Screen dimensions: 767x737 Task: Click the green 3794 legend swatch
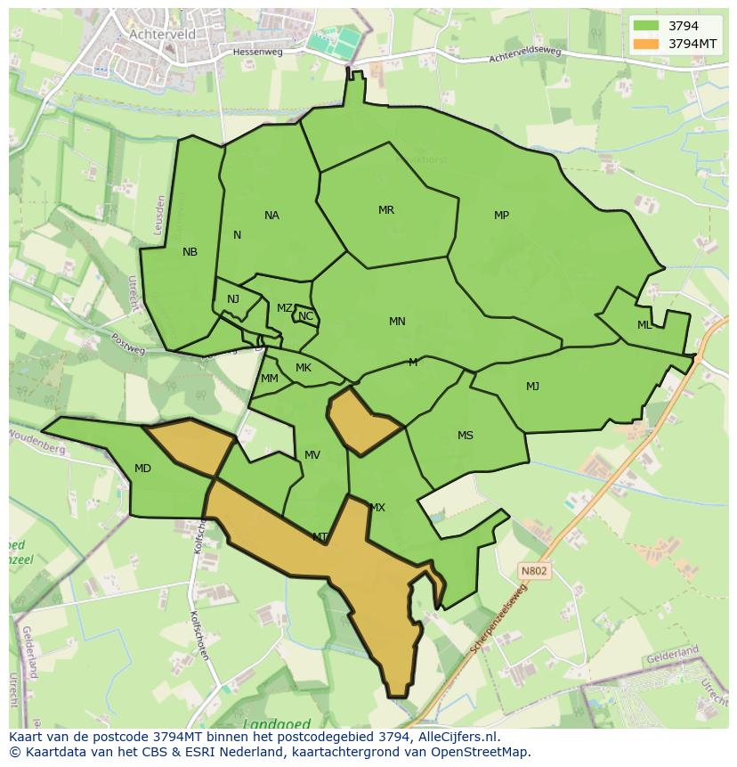(646, 26)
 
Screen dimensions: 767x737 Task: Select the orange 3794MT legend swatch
(646, 43)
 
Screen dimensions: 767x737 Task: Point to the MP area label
(501, 216)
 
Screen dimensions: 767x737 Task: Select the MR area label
(385, 210)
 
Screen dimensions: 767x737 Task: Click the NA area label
(271, 216)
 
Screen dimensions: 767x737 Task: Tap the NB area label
(190, 252)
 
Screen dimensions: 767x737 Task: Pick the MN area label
(397, 322)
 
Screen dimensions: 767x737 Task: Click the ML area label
(644, 325)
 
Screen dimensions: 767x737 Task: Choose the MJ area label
(532, 386)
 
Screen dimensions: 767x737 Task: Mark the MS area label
(466, 436)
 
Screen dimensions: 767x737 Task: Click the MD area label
(142, 469)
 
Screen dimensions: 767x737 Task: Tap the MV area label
(312, 455)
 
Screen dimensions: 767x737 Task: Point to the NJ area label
(233, 299)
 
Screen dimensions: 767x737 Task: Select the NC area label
(305, 316)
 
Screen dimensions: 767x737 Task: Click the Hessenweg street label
(256, 53)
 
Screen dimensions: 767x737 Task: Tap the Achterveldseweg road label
(525, 55)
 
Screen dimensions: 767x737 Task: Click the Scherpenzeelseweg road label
(499, 620)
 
